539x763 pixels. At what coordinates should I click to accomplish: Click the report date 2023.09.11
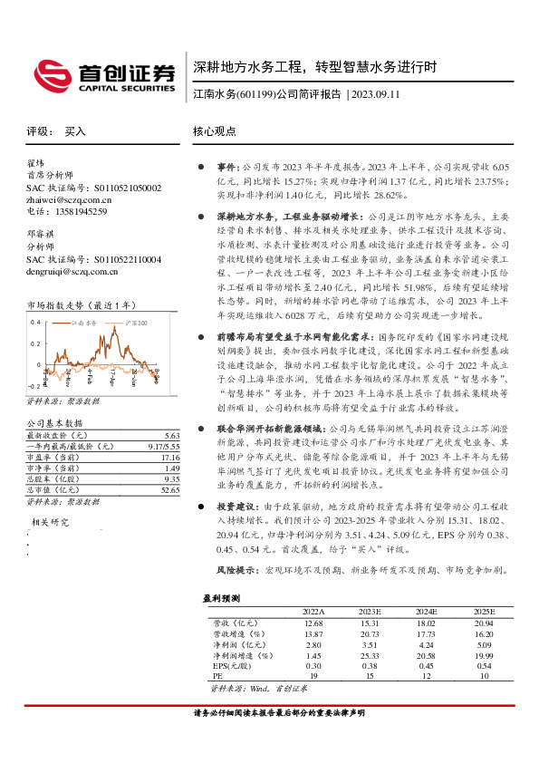click(375, 94)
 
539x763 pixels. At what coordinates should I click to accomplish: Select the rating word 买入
click(74, 131)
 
